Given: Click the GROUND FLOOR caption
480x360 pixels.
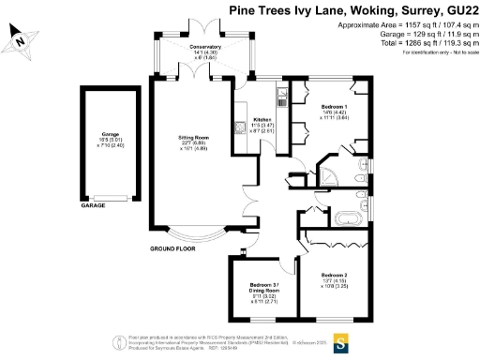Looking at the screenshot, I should [x=174, y=249].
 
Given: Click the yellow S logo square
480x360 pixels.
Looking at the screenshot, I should [x=342, y=338].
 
